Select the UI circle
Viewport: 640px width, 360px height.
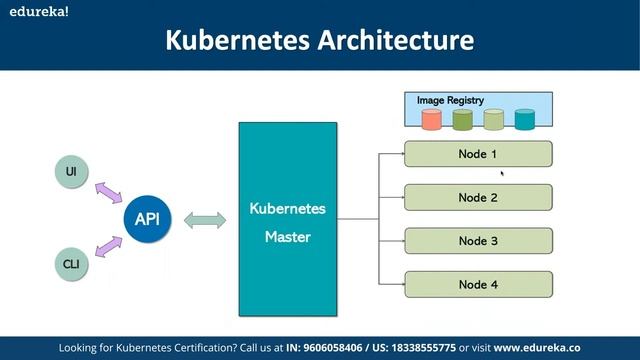pos(70,172)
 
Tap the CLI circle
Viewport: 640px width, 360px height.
pos(70,264)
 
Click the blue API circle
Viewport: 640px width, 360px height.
pos(146,218)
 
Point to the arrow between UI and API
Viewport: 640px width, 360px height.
pos(107,192)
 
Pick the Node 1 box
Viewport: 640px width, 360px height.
pos(477,154)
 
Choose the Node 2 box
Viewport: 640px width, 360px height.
pos(477,197)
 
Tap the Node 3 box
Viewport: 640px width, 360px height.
pos(477,241)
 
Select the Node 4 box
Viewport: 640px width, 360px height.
pos(477,284)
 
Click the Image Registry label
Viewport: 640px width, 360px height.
pos(450,100)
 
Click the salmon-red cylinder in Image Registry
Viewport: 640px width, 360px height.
pos(431,120)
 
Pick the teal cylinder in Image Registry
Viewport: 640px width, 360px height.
pos(525,120)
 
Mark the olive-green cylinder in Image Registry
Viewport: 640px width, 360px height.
pos(462,120)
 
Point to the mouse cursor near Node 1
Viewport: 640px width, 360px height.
pos(501,173)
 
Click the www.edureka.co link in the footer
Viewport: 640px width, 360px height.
pos(537,347)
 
